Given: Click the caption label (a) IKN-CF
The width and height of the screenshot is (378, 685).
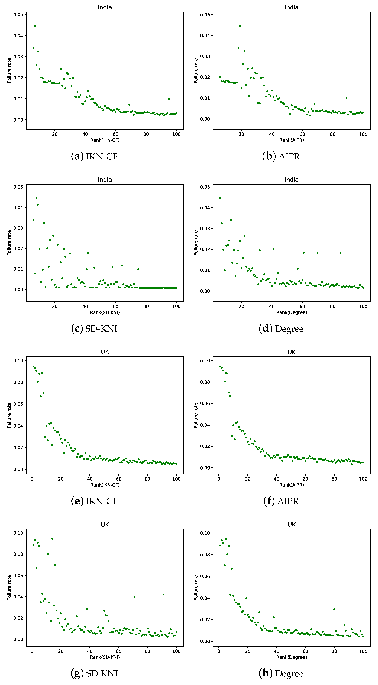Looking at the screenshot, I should point(94,156).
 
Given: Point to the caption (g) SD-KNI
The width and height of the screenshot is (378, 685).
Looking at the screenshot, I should point(94,673).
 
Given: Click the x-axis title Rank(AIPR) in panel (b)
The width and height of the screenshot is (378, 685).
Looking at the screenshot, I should point(292,140).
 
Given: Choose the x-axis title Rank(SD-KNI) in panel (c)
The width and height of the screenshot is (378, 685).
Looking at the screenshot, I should point(105,312).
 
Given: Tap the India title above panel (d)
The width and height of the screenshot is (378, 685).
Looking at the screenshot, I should point(292,180).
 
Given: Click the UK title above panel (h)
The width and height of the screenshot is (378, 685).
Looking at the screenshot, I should point(292,524).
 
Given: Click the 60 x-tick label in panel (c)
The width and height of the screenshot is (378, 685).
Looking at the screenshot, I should point(115,306).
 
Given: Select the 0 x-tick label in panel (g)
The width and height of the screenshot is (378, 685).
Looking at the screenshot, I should point(32,651).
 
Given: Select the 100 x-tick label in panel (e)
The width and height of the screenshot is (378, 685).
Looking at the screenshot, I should point(176,479).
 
